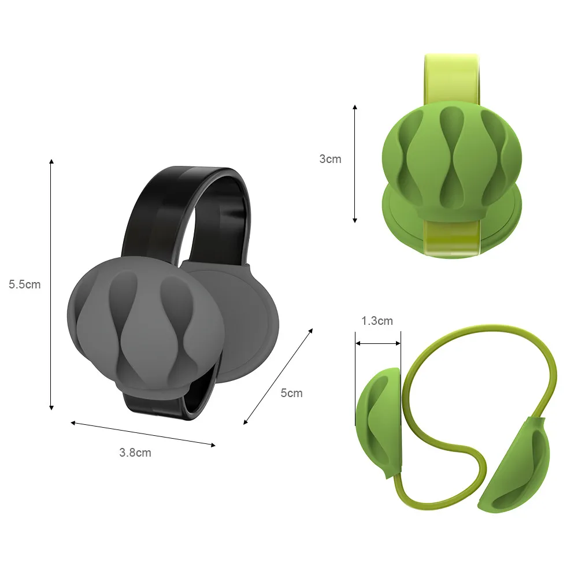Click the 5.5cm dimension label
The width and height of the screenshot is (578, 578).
(x=25, y=284)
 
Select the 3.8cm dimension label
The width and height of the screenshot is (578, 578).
(x=135, y=453)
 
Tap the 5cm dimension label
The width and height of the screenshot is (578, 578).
(x=291, y=393)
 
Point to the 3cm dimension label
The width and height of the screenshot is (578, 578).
(x=330, y=159)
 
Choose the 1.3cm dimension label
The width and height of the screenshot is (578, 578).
(x=377, y=321)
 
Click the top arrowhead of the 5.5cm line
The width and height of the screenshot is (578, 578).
(x=51, y=161)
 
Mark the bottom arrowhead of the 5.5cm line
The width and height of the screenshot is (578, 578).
(x=51, y=407)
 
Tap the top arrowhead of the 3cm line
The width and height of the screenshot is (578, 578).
(x=355, y=107)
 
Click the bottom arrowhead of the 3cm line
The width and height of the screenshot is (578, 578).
(x=355, y=220)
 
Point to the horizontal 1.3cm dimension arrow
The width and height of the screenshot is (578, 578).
(x=378, y=343)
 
